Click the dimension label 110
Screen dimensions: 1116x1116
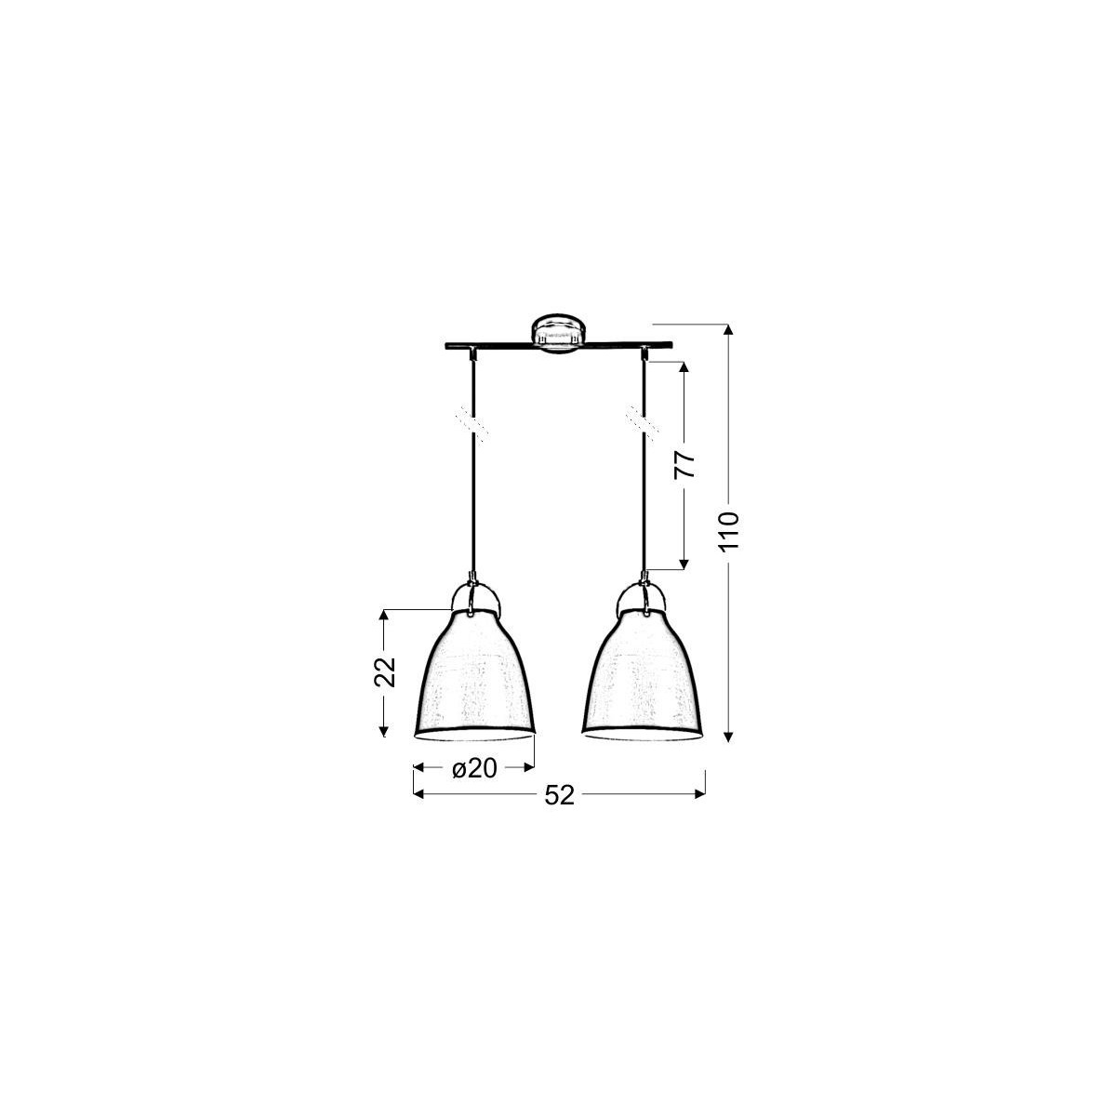(x=730, y=531)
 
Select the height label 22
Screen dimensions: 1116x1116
(x=386, y=672)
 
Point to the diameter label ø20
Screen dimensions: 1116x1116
(x=474, y=768)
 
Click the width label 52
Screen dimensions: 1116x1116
(x=558, y=795)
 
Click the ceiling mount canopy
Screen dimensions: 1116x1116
(x=558, y=333)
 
